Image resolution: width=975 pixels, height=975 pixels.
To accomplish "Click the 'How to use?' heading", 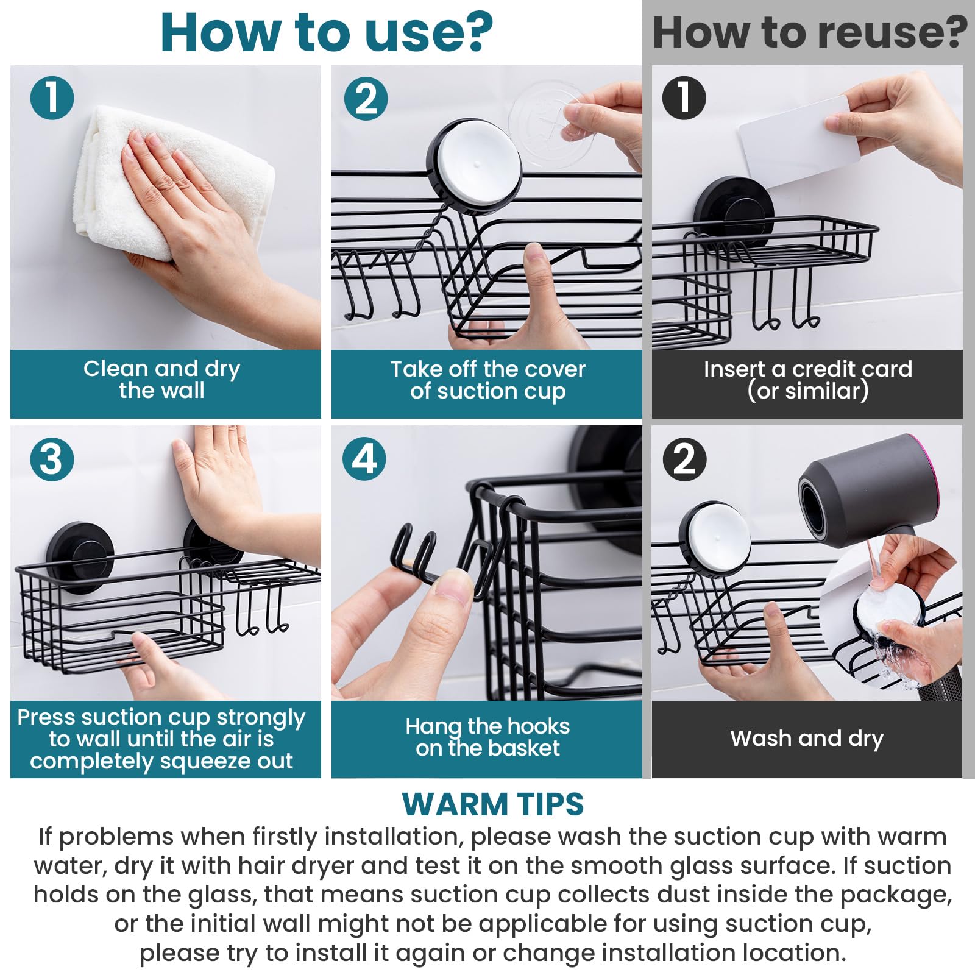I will (327, 33).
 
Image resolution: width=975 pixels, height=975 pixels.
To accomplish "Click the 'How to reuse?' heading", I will (809, 33).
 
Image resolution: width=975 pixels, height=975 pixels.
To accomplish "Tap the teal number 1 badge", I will (52, 97).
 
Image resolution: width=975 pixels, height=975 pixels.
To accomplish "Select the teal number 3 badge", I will (52, 458).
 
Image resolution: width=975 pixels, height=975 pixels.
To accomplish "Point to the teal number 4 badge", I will (364, 458).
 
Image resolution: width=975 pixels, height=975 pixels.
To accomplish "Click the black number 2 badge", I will (684, 458).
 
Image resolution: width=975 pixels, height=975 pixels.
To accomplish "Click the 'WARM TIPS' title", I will (492, 804).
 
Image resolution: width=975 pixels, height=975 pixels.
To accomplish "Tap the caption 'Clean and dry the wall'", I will (162, 380).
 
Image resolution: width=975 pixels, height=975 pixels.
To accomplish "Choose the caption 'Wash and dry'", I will (807, 739).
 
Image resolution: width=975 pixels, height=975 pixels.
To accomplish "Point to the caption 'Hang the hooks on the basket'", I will (487, 737).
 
